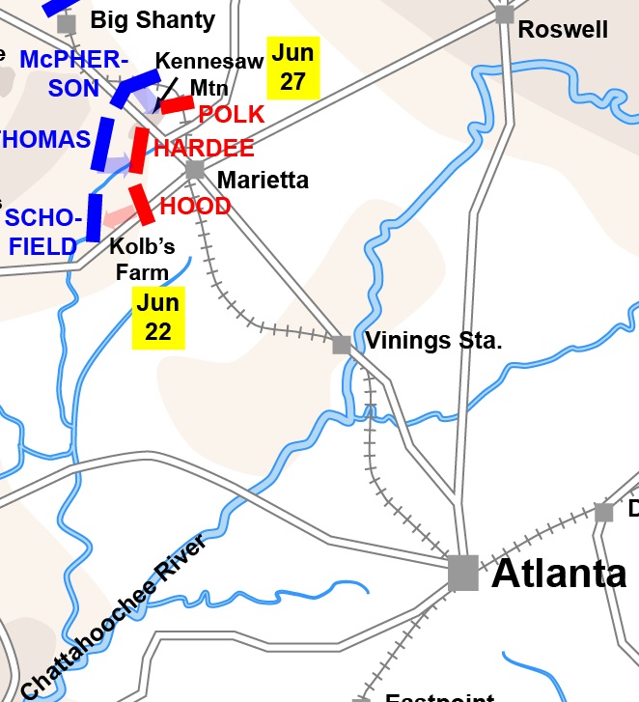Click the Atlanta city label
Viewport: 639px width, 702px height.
[x=559, y=573]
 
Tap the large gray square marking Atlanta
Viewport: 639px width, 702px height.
[x=463, y=572]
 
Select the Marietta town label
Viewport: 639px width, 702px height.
[x=263, y=180]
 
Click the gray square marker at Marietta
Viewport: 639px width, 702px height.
[x=195, y=169]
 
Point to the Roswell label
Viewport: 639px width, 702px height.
[x=563, y=30]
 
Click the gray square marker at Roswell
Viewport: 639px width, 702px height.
[x=504, y=14]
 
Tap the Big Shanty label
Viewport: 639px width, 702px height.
[x=153, y=19]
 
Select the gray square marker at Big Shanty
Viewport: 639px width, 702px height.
[x=67, y=23]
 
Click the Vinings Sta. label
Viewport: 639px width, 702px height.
[x=434, y=341]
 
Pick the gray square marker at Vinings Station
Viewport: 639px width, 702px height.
[x=342, y=345]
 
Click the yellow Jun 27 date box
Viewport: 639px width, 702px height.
[x=292, y=67]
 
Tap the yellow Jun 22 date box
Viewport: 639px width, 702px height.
[x=157, y=318]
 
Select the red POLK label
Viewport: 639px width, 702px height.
[x=231, y=115]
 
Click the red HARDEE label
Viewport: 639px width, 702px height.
[x=204, y=148]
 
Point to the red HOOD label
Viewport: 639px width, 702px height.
[x=195, y=206]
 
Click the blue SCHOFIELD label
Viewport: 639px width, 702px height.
[x=42, y=232]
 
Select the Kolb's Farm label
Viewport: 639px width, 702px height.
[x=142, y=259]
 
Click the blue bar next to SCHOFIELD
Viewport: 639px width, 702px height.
[x=94, y=217]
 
